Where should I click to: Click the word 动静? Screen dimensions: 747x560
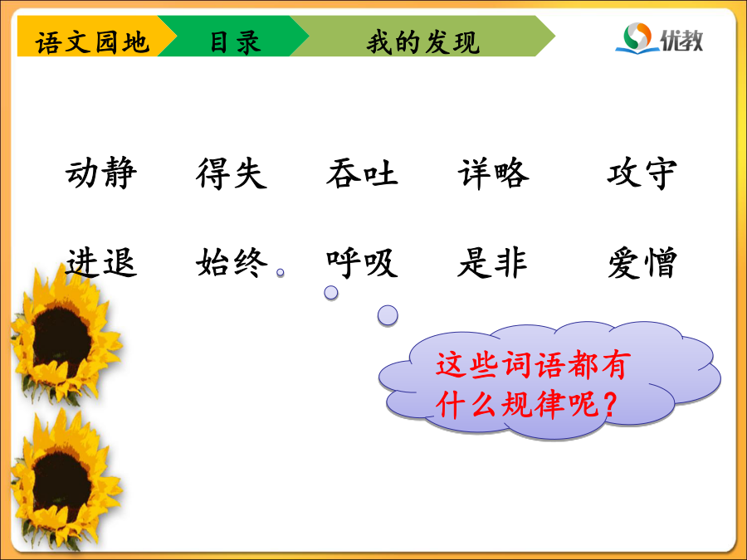(101, 173)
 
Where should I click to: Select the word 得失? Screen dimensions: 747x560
(232, 173)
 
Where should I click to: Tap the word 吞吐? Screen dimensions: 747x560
(362, 173)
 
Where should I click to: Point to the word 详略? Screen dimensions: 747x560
(494, 173)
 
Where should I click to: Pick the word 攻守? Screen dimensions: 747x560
(642, 173)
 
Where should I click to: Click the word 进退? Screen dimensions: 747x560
(101, 262)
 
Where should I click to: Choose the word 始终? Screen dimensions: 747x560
(232, 262)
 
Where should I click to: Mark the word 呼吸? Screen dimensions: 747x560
(362, 262)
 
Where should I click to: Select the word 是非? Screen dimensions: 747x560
(492, 262)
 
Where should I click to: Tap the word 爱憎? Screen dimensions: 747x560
(642, 262)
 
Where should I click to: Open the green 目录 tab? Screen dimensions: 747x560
(233, 37)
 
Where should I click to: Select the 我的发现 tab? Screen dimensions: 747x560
(422, 37)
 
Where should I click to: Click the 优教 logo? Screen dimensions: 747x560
(659, 38)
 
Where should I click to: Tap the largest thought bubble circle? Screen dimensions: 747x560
(388, 315)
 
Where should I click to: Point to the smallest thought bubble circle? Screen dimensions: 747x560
(281, 272)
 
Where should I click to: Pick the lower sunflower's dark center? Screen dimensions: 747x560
(61, 485)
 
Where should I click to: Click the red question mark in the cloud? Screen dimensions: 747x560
(610, 405)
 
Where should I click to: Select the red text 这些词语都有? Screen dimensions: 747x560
(533, 365)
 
